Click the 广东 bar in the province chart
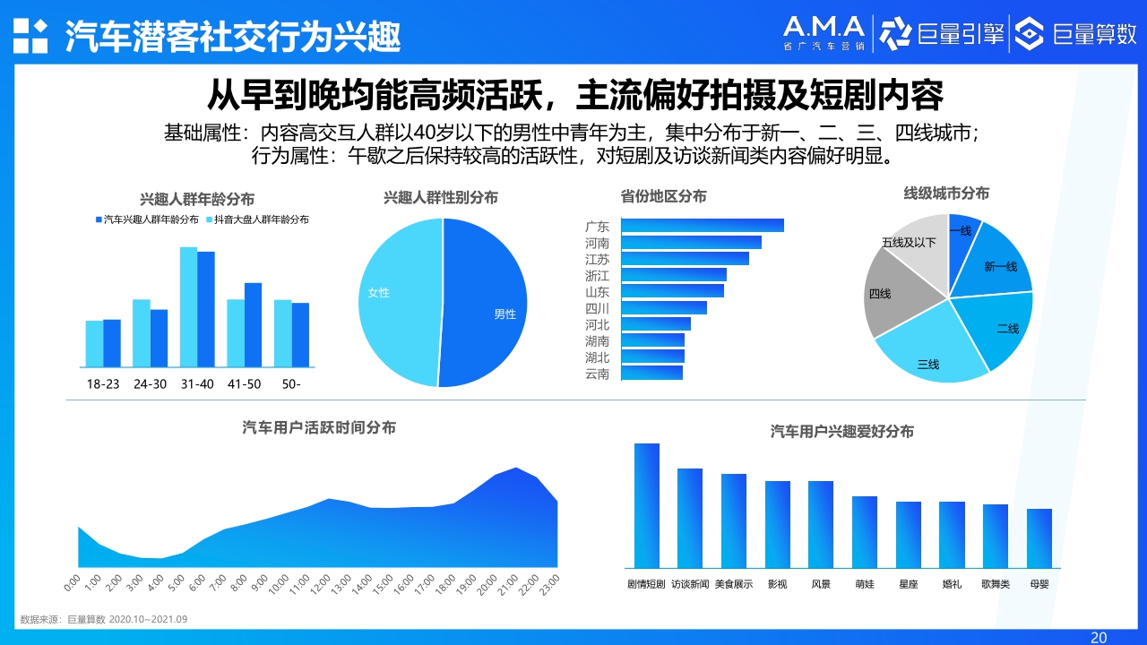point(702,226)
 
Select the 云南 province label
point(597,374)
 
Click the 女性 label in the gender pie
point(379,293)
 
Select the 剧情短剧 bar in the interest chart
point(646,505)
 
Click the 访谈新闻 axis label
point(690,584)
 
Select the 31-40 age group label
point(197,383)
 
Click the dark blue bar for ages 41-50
point(253,324)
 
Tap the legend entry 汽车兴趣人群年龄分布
point(147,219)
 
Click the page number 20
point(1098,637)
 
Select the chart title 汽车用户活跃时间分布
point(319,428)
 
